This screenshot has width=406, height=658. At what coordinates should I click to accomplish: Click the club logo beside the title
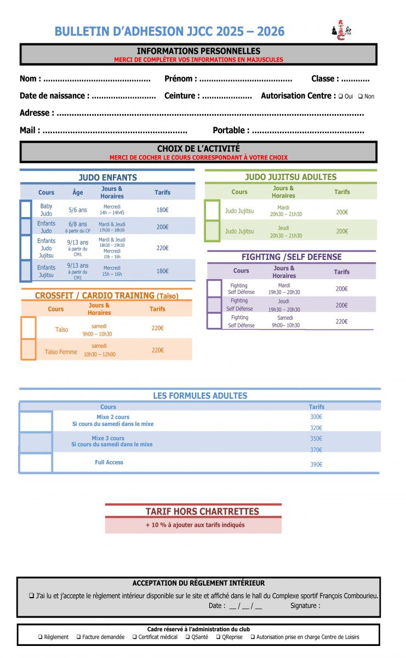(341, 32)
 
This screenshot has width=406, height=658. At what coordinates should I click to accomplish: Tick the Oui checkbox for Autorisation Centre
(341, 97)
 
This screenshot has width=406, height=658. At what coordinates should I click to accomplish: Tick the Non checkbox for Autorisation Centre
(361, 97)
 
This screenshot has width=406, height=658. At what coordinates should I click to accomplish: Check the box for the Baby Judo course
(26, 209)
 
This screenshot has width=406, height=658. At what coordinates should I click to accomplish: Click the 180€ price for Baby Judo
(162, 210)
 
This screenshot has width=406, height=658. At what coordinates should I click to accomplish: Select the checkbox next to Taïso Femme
(28, 349)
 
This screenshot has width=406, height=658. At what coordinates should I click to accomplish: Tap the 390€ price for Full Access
(316, 464)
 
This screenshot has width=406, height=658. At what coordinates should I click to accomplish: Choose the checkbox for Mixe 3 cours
(36, 441)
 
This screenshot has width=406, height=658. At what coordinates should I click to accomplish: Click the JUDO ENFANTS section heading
(107, 178)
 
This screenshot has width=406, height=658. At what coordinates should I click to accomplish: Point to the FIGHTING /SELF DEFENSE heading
(291, 257)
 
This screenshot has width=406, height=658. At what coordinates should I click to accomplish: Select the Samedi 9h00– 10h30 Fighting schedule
(285, 321)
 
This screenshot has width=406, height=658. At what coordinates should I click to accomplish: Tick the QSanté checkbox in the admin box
(187, 637)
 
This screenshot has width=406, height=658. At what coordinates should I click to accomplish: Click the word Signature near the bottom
(305, 606)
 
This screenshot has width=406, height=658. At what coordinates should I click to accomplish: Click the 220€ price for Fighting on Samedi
(341, 322)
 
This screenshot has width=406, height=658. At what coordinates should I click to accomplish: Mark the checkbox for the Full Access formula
(36, 463)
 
